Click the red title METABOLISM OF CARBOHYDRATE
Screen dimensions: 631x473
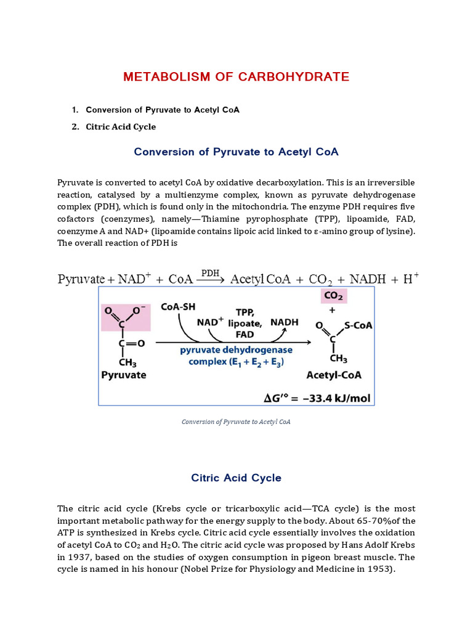(236, 77)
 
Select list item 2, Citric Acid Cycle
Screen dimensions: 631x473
(121, 127)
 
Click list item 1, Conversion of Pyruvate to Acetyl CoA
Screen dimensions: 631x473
(163, 110)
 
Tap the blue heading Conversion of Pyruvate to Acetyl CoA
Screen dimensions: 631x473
(236, 152)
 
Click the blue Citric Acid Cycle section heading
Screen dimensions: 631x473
(236, 478)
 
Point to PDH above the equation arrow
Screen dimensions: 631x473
(211, 272)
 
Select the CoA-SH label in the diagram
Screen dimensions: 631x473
(179, 306)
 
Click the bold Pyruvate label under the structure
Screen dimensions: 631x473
(124, 375)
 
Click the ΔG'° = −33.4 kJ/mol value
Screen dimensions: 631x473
(317, 398)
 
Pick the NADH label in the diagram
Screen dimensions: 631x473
(284, 322)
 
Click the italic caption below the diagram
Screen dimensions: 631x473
(236, 422)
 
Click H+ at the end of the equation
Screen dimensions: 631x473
(411, 279)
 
